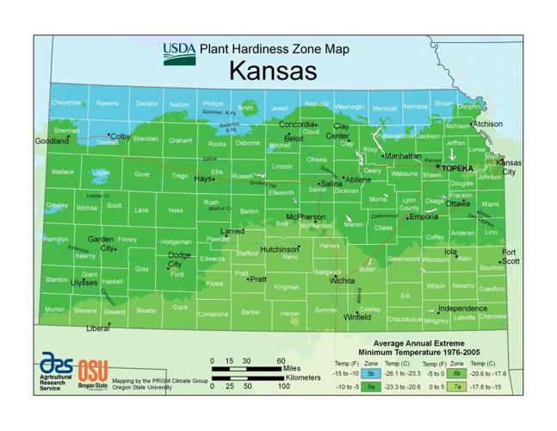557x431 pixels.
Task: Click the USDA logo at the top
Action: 179,53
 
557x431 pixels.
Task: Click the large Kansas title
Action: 272,70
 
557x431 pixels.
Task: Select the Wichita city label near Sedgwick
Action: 342,281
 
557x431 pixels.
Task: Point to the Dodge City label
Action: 179,259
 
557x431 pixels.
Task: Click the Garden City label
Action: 101,244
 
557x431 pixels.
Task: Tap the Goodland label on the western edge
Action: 51,141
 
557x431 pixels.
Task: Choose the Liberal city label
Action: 97,328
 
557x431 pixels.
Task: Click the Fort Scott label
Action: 511,257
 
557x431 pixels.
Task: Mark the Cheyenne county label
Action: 66,103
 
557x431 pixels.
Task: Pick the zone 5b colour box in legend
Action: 370,373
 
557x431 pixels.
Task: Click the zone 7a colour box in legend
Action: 456,389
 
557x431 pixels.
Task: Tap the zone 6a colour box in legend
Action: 370,389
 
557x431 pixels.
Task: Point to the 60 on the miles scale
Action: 281,361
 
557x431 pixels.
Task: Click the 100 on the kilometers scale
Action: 282,385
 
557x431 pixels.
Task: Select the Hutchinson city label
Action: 279,248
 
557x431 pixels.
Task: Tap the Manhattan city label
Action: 403,156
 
